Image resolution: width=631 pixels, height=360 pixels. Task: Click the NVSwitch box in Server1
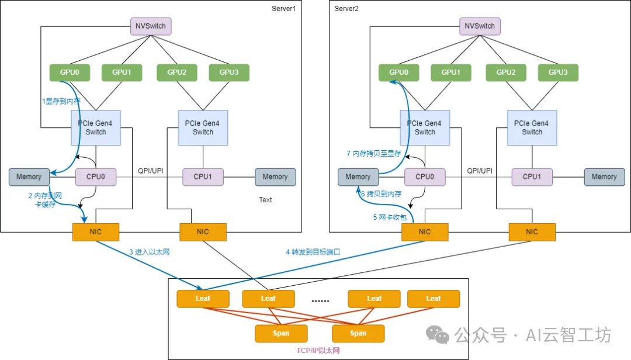(151, 26)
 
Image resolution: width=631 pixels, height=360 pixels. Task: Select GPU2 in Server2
(506, 72)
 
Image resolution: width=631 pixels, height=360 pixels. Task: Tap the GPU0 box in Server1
(70, 72)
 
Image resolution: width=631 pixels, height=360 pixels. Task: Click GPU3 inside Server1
(229, 72)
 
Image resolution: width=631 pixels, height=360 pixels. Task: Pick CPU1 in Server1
(203, 176)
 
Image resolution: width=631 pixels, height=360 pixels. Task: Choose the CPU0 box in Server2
(425, 176)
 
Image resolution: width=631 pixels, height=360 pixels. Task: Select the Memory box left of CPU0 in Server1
(29, 176)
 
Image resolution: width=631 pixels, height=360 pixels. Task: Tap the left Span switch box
(281, 334)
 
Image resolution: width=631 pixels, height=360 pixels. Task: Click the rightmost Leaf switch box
(434, 299)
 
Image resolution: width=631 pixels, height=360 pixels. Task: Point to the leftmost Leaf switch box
(203, 299)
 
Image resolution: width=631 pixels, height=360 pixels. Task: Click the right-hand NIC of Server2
(532, 232)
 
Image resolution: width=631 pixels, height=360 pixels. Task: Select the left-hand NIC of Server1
(96, 232)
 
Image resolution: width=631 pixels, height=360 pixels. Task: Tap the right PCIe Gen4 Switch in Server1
(203, 127)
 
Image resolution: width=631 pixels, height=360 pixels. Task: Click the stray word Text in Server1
(266, 200)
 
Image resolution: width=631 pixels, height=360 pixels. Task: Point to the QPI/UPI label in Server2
(480, 171)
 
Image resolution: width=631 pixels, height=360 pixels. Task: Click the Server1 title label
(284, 8)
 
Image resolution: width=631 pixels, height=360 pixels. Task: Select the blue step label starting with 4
(313, 252)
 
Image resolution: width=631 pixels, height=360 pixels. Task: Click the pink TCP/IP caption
(318, 350)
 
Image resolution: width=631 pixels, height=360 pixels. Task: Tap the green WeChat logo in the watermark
(438, 335)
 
